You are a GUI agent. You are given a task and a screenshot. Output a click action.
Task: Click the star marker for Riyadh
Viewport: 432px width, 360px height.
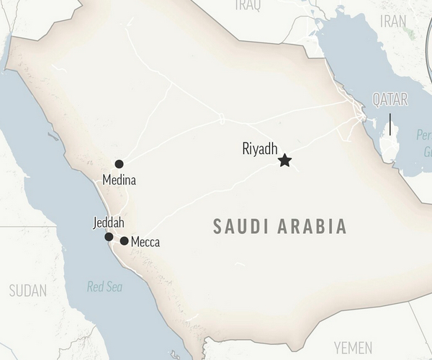(x=285, y=161)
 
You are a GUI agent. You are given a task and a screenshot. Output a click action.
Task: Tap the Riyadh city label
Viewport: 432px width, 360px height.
(x=260, y=149)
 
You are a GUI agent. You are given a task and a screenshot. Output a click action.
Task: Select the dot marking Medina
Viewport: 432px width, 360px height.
(x=119, y=164)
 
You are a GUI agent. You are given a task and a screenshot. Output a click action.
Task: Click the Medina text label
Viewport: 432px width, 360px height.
(x=119, y=180)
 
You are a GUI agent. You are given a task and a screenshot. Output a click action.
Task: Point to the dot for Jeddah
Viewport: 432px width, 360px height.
(x=109, y=237)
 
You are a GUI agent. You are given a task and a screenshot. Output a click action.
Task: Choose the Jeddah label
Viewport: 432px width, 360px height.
(x=109, y=222)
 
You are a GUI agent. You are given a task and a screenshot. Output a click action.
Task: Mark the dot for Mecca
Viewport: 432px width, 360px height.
(x=125, y=241)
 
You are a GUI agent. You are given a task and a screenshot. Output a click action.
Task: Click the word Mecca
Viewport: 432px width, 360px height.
(x=145, y=243)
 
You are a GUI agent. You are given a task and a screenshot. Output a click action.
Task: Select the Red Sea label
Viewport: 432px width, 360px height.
(x=105, y=287)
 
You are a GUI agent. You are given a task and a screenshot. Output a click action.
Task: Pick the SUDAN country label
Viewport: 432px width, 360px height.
(x=27, y=291)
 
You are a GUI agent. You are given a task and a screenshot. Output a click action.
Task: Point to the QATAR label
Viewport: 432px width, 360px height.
(x=390, y=100)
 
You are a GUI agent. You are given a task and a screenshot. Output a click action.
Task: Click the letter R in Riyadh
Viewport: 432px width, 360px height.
(x=246, y=149)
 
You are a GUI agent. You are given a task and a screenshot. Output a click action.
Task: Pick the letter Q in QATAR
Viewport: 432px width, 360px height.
(x=376, y=100)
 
